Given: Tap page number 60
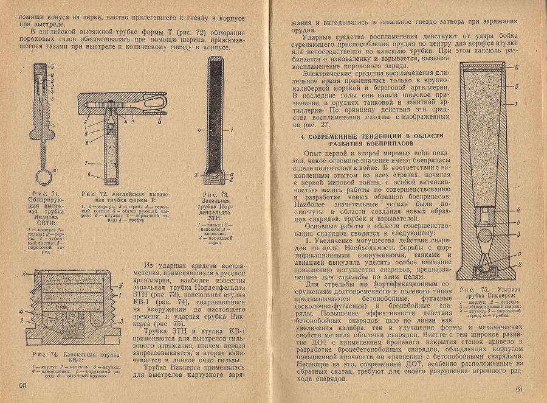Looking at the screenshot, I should [x=24, y=387].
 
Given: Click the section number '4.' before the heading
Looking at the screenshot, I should [x=304, y=135].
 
